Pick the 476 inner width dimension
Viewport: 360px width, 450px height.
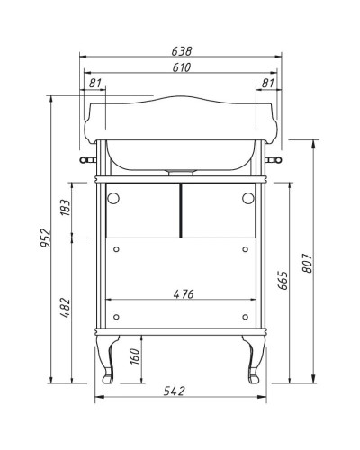coord(182,292)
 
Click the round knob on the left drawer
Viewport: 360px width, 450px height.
coord(113,200)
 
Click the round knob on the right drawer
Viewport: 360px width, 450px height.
coord(248,200)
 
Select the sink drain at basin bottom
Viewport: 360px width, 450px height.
coord(182,168)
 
